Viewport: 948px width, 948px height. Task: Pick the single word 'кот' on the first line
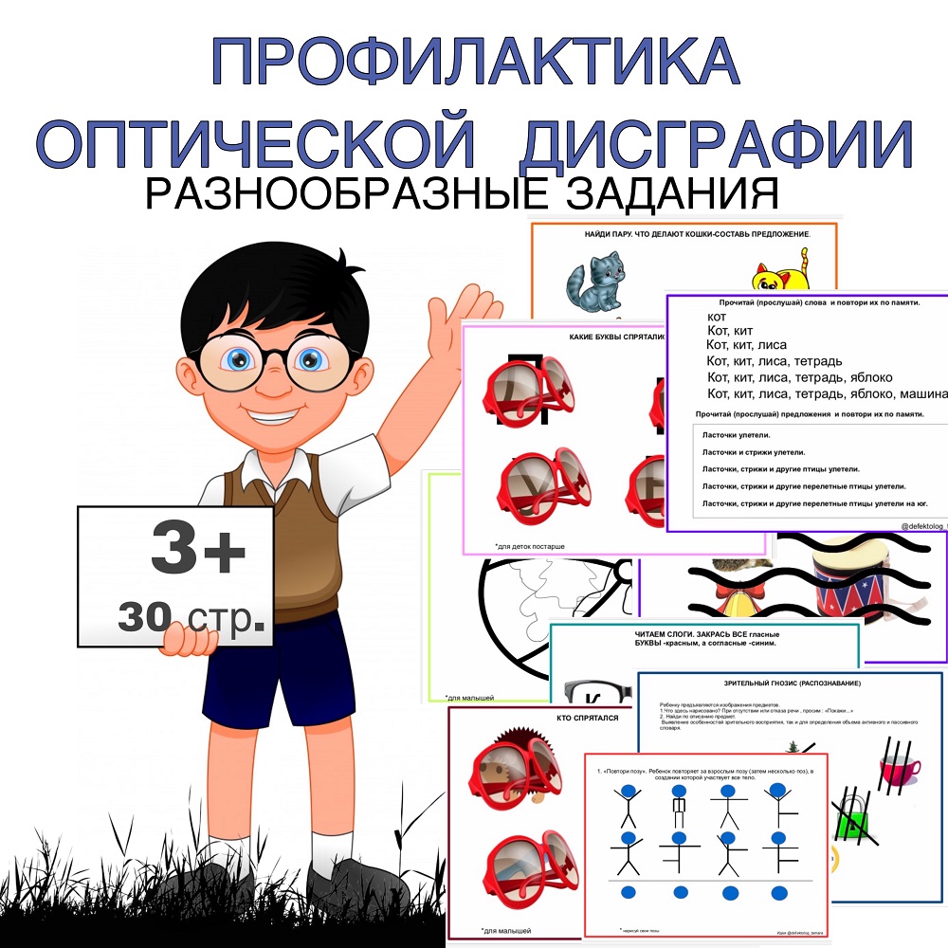pos(718,315)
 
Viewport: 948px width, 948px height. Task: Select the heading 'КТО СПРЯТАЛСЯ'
pos(587,718)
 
